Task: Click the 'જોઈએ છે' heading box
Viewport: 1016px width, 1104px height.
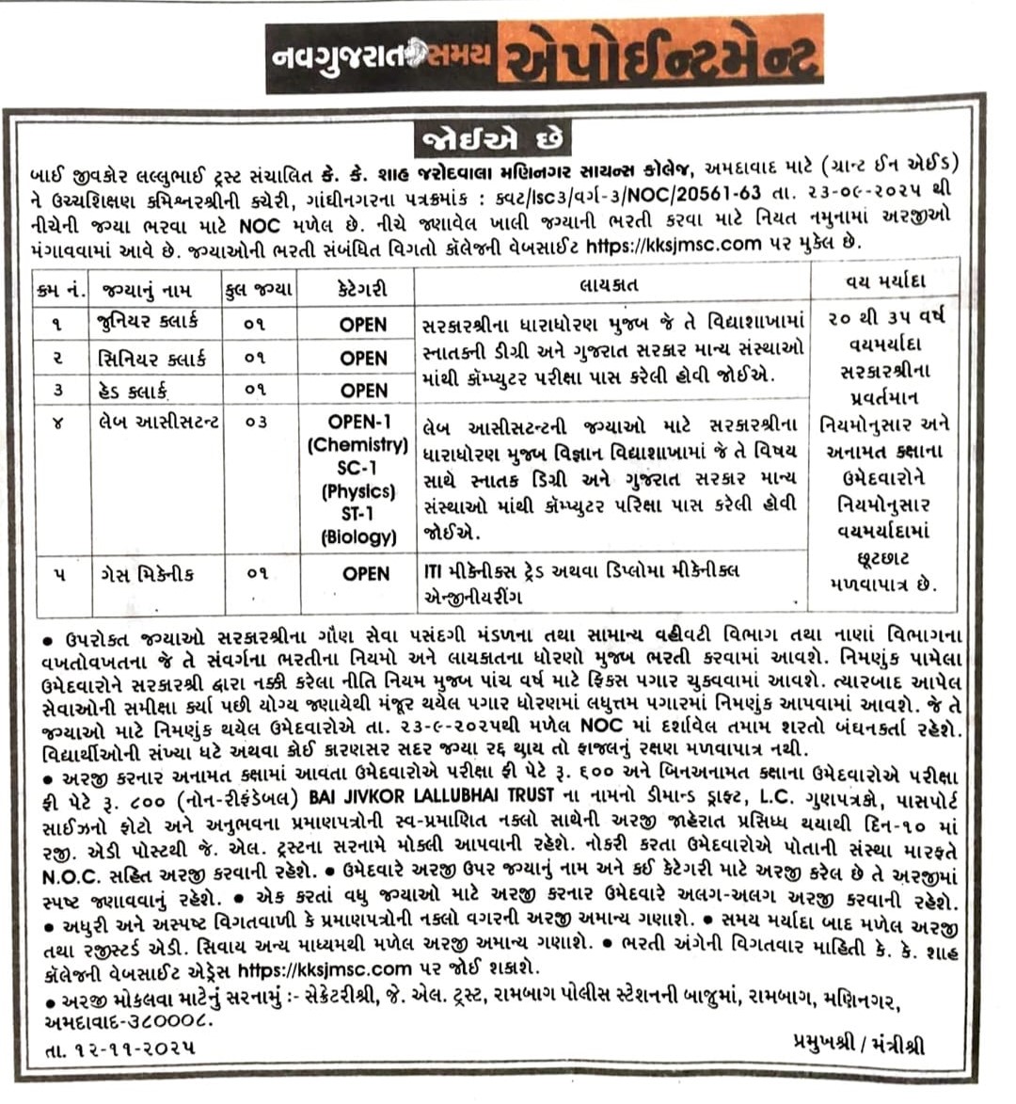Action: point(493,138)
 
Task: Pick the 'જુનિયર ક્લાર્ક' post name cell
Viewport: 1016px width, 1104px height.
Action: point(149,322)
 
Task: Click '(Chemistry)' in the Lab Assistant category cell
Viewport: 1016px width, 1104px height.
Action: point(357,444)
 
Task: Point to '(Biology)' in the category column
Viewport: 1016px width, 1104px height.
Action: point(358,536)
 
